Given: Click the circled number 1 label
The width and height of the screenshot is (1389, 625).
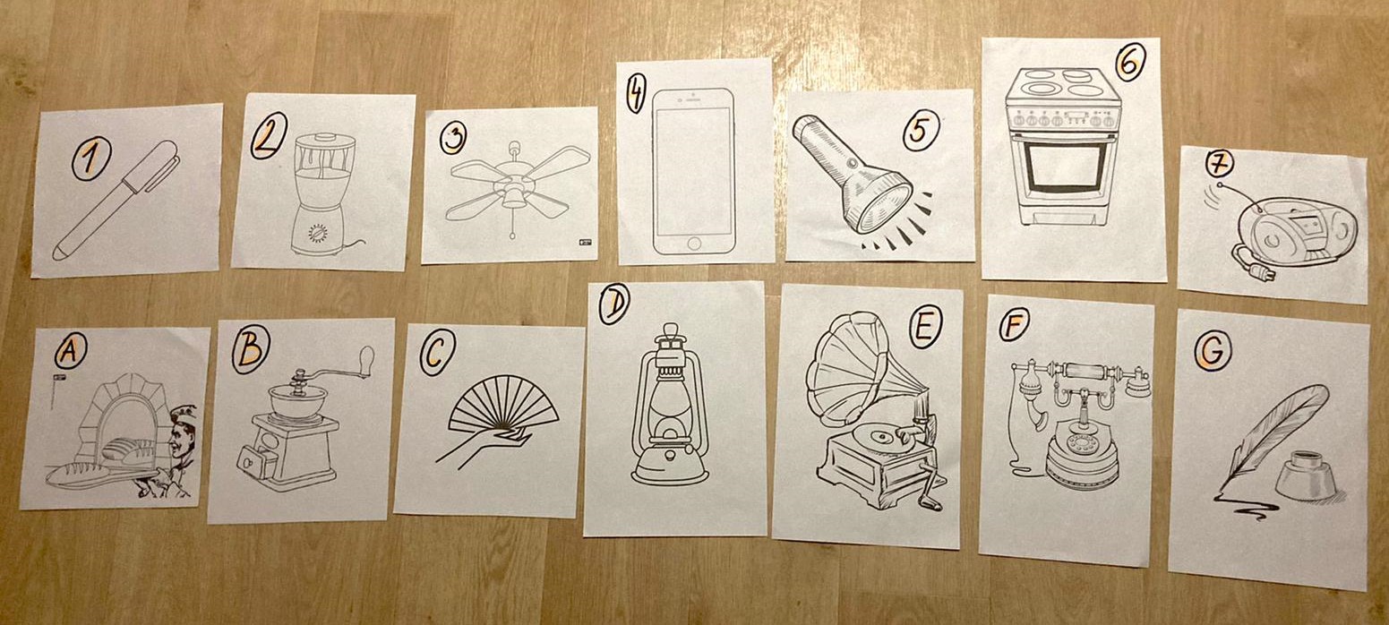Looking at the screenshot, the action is click(x=90, y=158).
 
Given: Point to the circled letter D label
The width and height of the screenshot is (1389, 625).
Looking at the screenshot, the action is click(x=613, y=304).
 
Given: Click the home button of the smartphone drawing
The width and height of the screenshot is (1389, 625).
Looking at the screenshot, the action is click(x=695, y=243).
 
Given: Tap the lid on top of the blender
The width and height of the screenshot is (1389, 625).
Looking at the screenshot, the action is click(x=325, y=140).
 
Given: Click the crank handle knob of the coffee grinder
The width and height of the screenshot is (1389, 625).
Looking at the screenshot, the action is click(x=366, y=358).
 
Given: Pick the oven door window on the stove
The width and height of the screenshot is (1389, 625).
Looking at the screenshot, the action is click(x=1063, y=168).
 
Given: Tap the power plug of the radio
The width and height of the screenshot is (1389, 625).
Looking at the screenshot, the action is click(x=1260, y=272).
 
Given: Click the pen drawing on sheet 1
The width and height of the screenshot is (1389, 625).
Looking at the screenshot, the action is click(x=116, y=200).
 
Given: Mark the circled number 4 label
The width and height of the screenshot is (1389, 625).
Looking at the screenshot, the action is click(x=635, y=94).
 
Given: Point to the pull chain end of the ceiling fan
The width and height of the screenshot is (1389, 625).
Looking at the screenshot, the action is click(x=512, y=235).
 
